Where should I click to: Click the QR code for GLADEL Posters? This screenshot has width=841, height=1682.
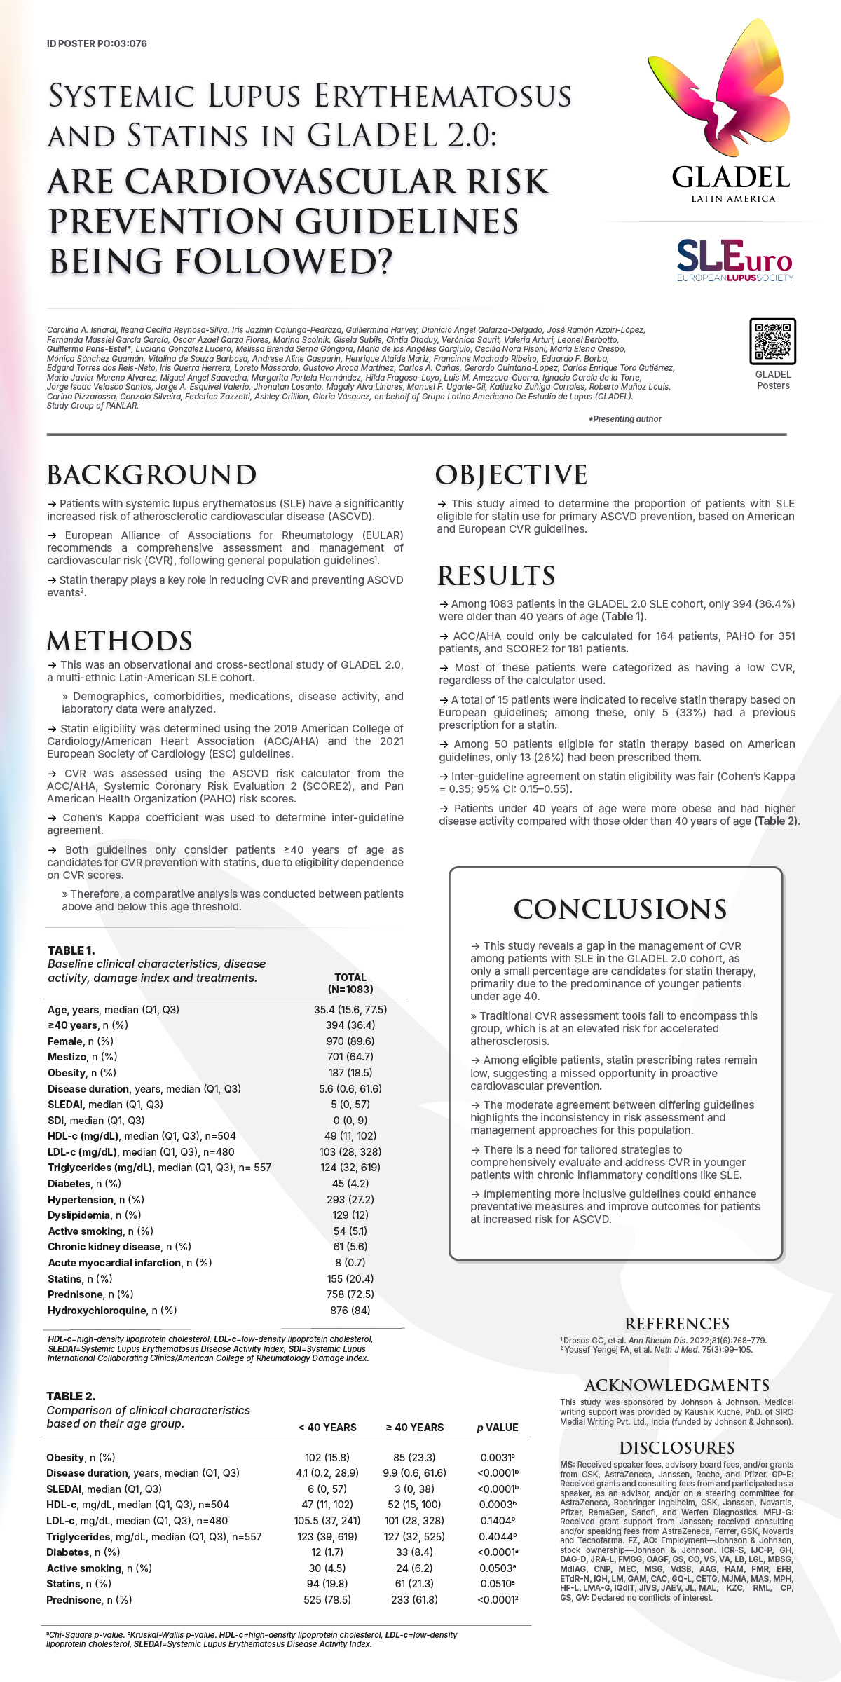[772, 341]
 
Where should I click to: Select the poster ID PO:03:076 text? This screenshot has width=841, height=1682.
[97, 43]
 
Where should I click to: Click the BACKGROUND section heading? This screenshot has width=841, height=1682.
[151, 475]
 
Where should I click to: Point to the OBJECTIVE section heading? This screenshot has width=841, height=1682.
[511, 475]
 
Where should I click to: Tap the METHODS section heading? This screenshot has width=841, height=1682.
[119, 641]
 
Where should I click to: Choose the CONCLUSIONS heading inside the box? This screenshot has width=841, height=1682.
[620, 909]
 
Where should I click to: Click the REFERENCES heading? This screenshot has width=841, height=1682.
[677, 1324]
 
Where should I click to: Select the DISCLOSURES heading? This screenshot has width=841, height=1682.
[677, 1448]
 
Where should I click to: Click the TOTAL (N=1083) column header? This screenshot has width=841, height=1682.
[350, 983]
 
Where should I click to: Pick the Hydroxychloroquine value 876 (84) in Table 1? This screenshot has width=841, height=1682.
[350, 1311]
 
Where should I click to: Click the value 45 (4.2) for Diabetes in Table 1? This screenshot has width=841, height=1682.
[350, 1184]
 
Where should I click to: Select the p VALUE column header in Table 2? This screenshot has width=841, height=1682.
[498, 1428]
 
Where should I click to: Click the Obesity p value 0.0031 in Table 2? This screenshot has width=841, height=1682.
[498, 1458]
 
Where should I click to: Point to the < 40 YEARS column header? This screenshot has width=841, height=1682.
[327, 1428]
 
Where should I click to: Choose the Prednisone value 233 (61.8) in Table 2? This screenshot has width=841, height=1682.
[414, 1600]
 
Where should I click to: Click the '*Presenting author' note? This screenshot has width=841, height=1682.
[625, 419]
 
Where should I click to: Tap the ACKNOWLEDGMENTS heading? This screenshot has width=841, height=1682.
[677, 1386]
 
